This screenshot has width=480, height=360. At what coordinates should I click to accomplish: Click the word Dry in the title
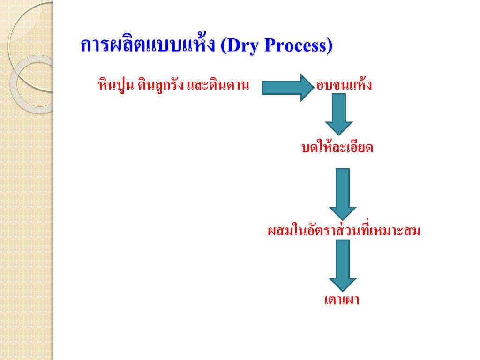click(x=242, y=46)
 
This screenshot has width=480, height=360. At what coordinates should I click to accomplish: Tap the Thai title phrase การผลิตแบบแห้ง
click(x=148, y=46)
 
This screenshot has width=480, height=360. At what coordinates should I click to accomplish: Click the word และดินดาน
click(x=217, y=85)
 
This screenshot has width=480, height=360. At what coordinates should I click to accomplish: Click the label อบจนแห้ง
click(x=345, y=85)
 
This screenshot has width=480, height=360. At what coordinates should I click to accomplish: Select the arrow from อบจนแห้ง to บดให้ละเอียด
click(x=339, y=113)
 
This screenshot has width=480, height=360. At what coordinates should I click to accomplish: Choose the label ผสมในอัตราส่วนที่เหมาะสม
click(x=344, y=231)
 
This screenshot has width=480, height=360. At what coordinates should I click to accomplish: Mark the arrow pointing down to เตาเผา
click(x=343, y=265)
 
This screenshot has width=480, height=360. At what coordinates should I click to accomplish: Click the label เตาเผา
click(x=342, y=300)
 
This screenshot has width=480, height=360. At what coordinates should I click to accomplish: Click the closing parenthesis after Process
click(x=329, y=46)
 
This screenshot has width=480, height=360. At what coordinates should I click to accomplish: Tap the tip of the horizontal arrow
click(x=311, y=88)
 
